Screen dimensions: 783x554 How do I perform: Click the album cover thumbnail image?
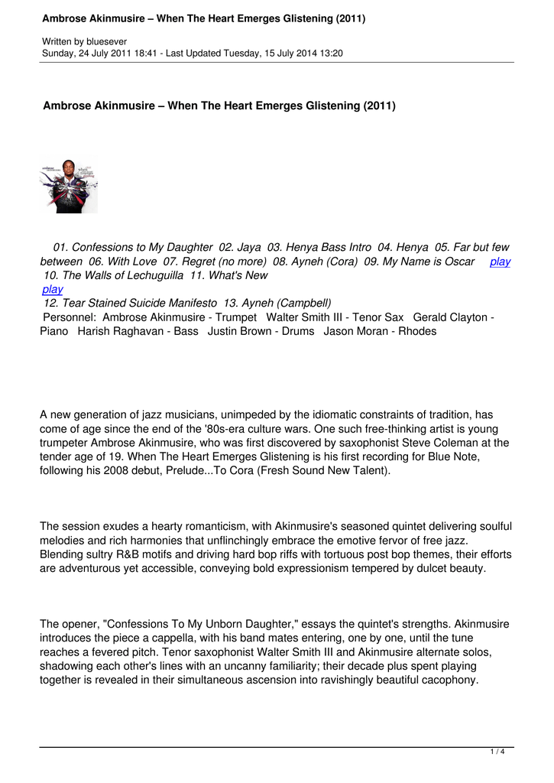69,186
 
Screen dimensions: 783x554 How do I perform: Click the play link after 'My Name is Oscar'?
500,262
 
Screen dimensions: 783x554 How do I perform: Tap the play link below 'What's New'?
53,289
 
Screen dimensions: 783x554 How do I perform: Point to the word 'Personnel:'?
70,317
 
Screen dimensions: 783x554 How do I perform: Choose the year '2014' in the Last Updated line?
302,54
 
